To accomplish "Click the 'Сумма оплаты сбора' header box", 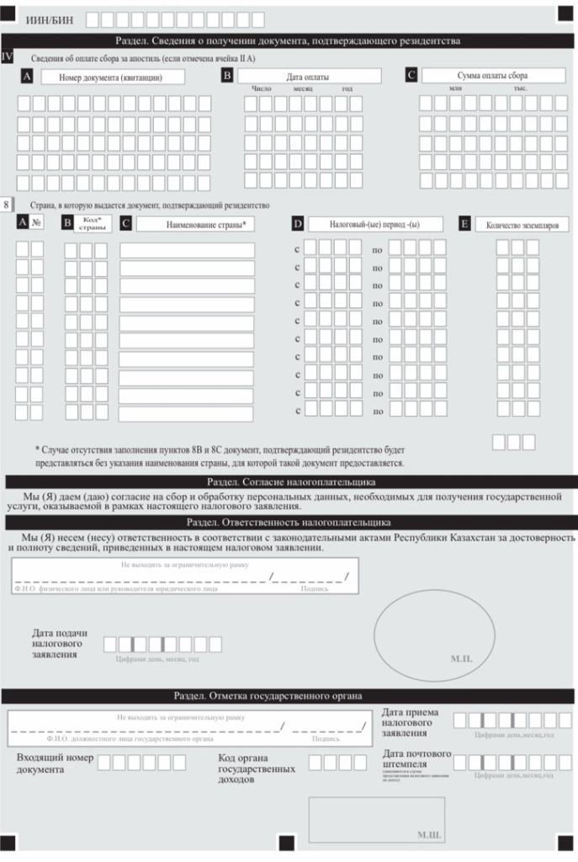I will (492, 75).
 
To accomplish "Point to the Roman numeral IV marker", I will (8, 56).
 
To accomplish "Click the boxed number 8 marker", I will (8, 205).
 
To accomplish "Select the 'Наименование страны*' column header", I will (195, 225).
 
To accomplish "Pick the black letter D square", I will (297, 224).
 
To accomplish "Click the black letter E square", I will (464, 224).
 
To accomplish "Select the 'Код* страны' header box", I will (95, 225).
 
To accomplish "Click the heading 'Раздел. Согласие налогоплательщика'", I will (290, 482).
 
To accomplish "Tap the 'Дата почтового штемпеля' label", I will (416, 758).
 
